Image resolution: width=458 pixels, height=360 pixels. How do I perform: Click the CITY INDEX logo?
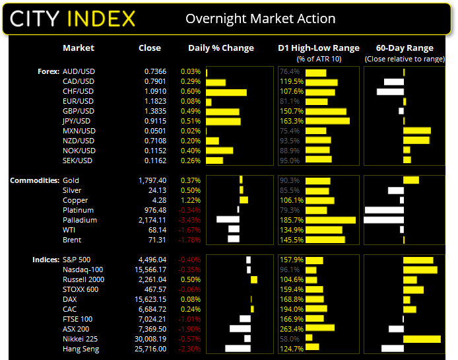[x=73, y=18]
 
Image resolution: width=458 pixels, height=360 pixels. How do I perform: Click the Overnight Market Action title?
[x=260, y=18]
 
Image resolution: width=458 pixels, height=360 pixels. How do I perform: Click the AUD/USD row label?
[x=79, y=71]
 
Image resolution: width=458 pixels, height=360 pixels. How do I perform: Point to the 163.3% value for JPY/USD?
[x=292, y=121]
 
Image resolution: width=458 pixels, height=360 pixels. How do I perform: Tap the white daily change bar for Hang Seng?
[x=238, y=349]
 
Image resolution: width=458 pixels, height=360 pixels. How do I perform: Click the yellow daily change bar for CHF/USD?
[x=226, y=91]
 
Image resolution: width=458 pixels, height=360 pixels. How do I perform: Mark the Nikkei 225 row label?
[x=81, y=339]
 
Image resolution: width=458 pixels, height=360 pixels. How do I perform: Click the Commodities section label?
[x=34, y=180]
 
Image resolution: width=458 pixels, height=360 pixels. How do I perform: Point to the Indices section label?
[x=45, y=260]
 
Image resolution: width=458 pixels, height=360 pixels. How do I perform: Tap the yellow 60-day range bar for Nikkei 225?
[x=422, y=339]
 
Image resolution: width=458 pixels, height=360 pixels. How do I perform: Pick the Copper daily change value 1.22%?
[x=193, y=200]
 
